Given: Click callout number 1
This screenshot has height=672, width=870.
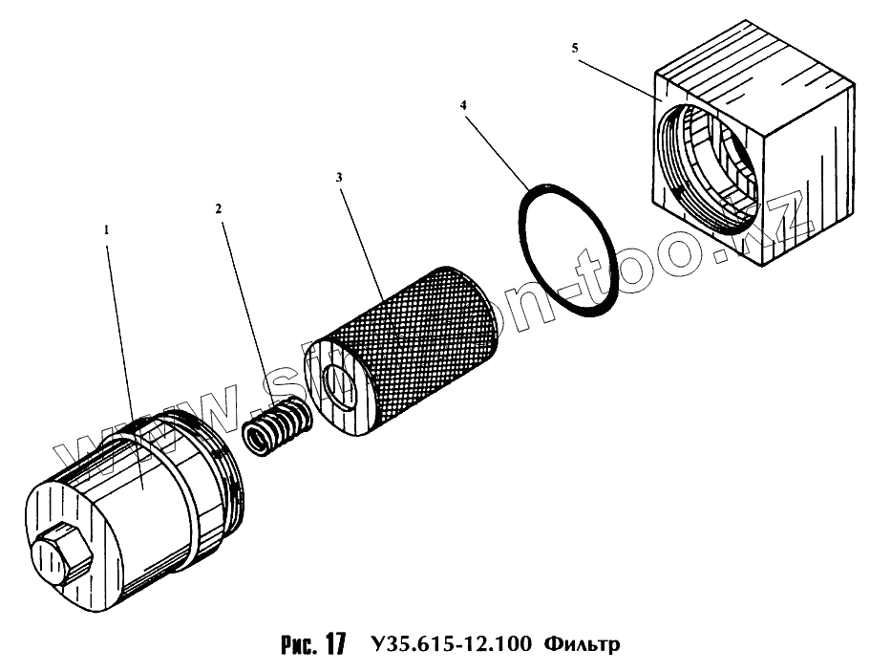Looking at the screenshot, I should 107,230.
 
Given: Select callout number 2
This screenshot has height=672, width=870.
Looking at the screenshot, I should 219,206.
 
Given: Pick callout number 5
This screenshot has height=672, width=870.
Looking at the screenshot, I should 573,48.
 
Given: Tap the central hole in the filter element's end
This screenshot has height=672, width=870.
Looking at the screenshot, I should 339,382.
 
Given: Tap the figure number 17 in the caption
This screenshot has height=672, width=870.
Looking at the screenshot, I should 332,643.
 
